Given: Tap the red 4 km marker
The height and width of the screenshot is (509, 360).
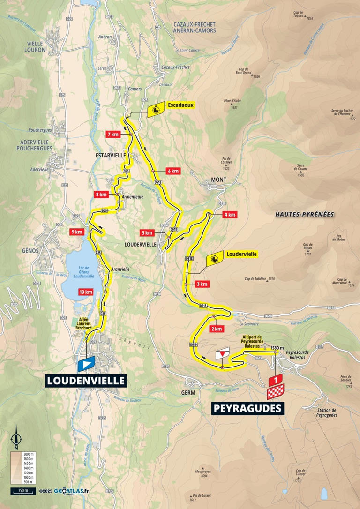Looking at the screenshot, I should coord(229,215).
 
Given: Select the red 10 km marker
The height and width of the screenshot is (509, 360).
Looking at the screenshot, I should coord(86,292).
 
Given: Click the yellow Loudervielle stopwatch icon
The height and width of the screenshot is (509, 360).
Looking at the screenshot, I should coord(214,258).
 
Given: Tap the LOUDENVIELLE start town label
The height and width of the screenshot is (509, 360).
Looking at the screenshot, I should coord(86,380).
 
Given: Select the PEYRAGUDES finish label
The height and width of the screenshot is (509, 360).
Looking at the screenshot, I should coord(248,408).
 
